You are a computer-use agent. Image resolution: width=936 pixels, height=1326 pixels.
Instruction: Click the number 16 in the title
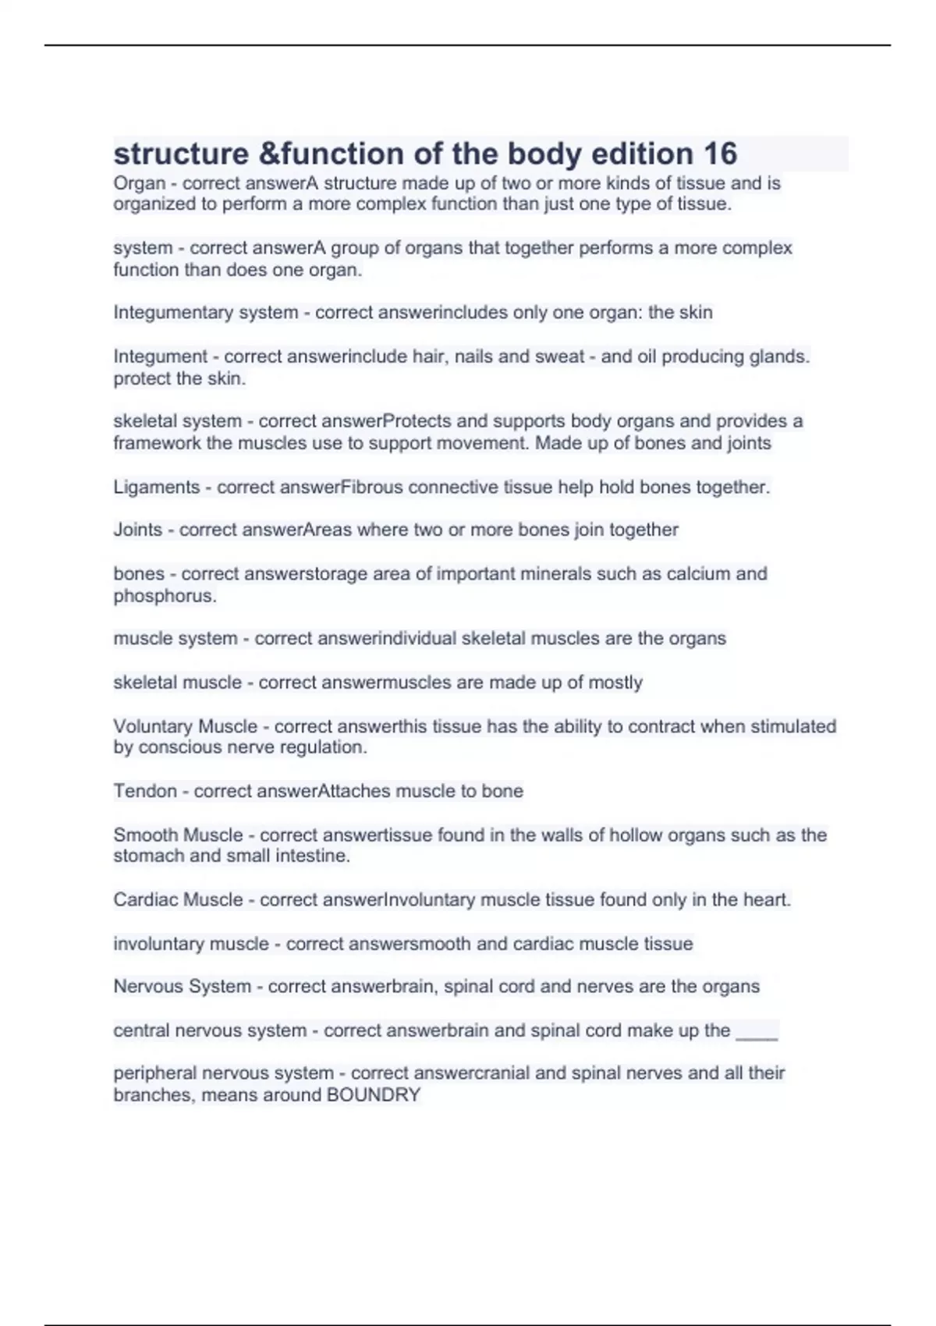click(x=719, y=154)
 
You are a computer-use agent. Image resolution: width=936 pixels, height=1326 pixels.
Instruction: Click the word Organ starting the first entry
click(x=140, y=183)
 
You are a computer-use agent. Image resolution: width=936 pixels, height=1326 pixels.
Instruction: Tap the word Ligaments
click(x=157, y=487)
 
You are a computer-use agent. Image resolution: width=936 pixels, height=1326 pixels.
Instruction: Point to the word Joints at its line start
click(x=138, y=530)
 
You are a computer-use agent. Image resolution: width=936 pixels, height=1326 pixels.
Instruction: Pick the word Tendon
click(x=145, y=791)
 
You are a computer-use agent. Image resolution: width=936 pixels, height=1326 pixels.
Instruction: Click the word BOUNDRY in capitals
click(x=374, y=1095)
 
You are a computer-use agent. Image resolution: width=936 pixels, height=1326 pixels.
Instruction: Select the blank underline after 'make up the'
click(x=757, y=1031)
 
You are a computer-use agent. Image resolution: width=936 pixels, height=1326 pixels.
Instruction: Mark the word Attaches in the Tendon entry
click(x=354, y=791)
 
